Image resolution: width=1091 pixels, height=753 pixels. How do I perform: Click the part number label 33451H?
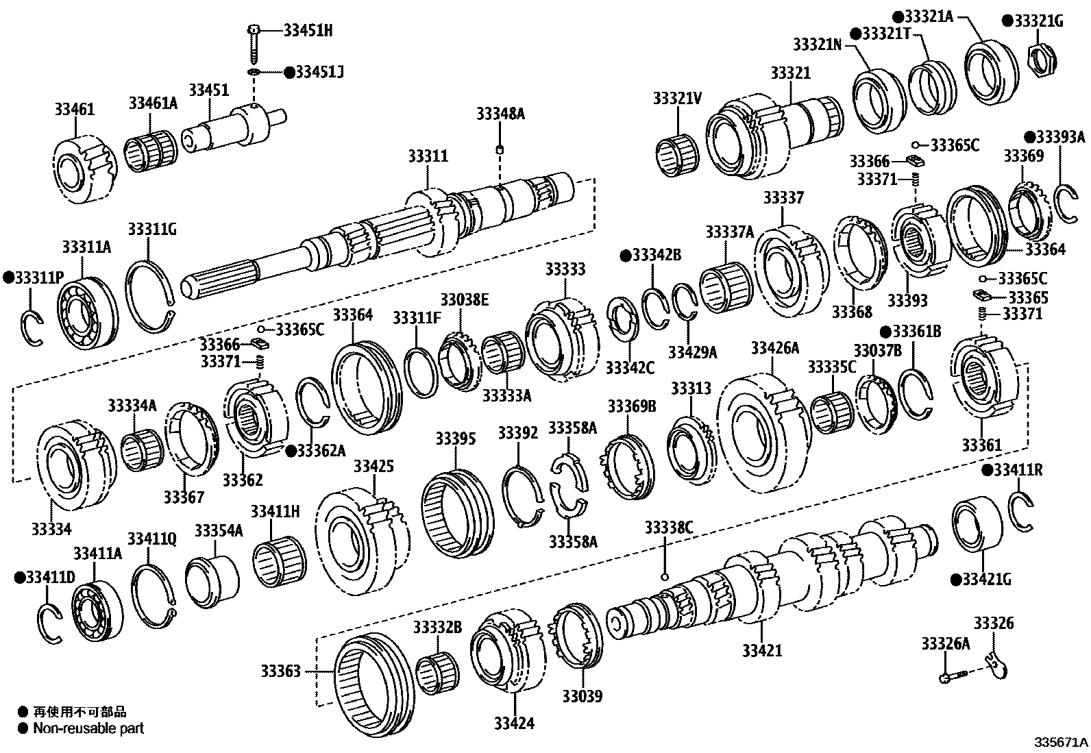pos(308,30)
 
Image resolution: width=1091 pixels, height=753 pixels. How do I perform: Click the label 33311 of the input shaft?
pos(428,156)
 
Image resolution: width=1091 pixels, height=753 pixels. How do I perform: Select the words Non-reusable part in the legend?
pos(88,728)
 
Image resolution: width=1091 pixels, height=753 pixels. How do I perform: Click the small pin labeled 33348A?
pos(500,149)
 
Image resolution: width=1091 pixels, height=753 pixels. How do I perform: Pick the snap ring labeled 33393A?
pos(1066,203)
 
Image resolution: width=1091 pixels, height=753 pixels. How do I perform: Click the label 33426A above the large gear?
pos(774,348)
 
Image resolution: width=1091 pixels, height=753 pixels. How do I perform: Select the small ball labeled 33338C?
pos(663,576)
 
